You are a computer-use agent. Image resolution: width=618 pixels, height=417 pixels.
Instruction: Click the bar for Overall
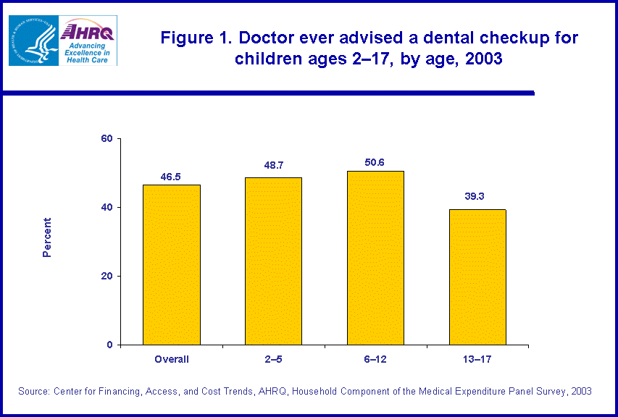(x=171, y=264)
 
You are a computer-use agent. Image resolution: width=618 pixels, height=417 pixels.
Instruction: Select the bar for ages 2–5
(x=273, y=261)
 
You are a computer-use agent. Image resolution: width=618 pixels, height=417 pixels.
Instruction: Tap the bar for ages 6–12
(x=375, y=257)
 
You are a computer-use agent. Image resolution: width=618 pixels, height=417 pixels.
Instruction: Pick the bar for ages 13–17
(x=477, y=277)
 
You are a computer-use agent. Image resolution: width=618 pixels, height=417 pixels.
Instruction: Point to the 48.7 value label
(x=273, y=166)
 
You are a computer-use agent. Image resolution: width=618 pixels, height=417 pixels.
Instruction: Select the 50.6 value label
(x=375, y=161)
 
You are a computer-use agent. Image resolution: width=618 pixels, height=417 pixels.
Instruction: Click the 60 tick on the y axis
(x=106, y=138)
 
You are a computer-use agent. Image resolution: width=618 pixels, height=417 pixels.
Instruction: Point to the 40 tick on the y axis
(x=106, y=207)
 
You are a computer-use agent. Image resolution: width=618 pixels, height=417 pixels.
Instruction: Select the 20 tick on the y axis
(x=106, y=276)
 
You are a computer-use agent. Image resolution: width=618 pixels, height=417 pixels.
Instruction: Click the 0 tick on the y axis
(x=109, y=345)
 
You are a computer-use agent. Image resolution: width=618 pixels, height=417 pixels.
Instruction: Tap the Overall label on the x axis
(x=172, y=359)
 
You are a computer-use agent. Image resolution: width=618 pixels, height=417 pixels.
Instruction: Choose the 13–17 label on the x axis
(x=477, y=359)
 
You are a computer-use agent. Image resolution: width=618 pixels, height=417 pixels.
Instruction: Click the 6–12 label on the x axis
(x=375, y=359)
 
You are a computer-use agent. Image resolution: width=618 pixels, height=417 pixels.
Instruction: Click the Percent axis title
(x=47, y=237)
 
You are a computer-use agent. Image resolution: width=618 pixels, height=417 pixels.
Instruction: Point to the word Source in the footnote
(x=34, y=391)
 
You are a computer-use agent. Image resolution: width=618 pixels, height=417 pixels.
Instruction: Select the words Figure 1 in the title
(x=193, y=38)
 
